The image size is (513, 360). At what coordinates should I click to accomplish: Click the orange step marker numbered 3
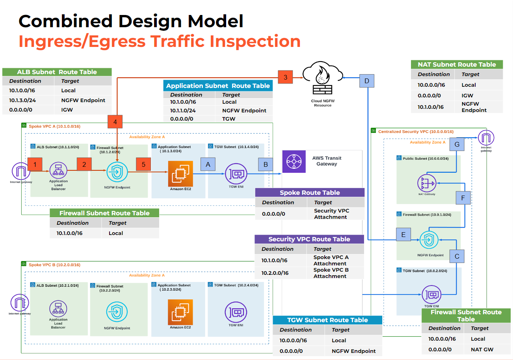[x=286, y=77]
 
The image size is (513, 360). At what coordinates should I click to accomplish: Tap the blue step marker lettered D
[x=367, y=81]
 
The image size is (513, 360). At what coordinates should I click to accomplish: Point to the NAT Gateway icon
[x=426, y=183]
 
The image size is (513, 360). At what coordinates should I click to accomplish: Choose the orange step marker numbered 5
[x=143, y=164]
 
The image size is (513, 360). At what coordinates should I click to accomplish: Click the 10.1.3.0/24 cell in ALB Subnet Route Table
[x=23, y=100]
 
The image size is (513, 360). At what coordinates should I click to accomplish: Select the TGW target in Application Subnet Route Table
[x=229, y=119]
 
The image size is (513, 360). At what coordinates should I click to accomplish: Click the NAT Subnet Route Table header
[x=457, y=64]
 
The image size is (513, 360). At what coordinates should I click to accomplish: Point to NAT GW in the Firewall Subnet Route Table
[x=482, y=349]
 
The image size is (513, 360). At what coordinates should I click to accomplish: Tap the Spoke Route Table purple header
[x=310, y=192]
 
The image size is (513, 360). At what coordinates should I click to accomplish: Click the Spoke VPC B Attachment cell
[x=330, y=273]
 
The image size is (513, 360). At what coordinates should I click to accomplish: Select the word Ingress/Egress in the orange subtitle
[x=91, y=41]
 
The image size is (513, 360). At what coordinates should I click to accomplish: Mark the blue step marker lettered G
[x=457, y=144]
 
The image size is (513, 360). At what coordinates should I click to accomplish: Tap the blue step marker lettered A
[x=208, y=164]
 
